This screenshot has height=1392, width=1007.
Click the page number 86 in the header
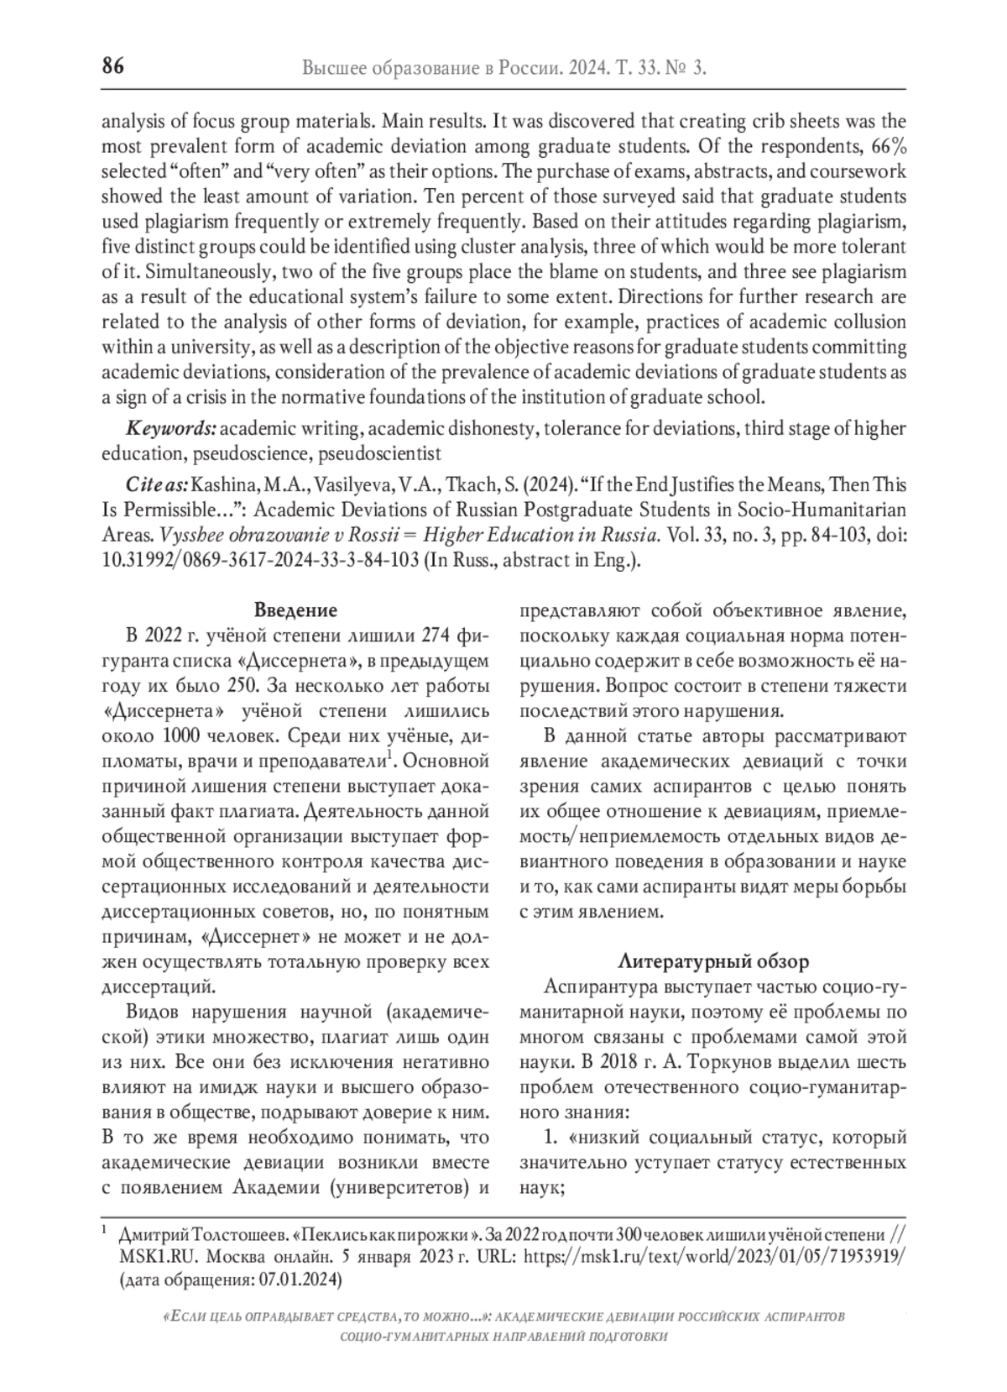point(113,66)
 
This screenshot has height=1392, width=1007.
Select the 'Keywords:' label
point(171,429)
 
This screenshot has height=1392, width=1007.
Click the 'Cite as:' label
point(158,485)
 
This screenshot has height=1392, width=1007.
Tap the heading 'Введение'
point(295,610)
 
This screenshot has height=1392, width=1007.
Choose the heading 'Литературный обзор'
point(713,961)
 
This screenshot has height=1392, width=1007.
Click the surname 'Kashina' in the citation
point(222,485)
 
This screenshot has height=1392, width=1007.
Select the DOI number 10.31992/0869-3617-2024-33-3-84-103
point(260,561)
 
